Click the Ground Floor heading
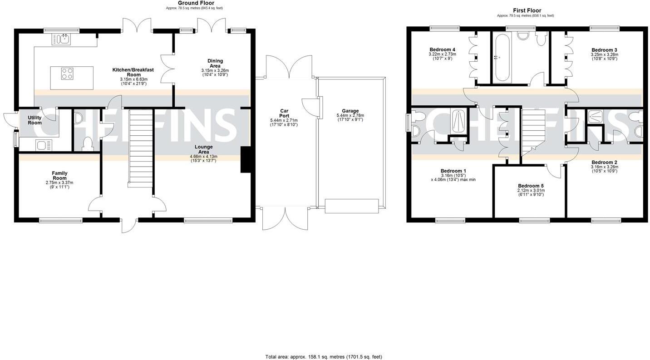pos(196,3)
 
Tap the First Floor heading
pos(527,10)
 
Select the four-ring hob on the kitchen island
pos(67,74)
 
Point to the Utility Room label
pos(34,120)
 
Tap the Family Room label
pos(59,176)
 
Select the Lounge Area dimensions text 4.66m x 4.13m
pos(203,157)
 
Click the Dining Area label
pos(215,63)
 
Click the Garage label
pos(350,111)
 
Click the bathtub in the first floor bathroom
pos(502,58)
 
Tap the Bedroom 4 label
pos(442,49)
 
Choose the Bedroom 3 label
pos(604,50)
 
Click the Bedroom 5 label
pos(531,186)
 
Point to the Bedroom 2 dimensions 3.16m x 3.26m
pos(604,167)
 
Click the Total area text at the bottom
pos(326,357)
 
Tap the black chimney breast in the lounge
pos(246,160)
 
